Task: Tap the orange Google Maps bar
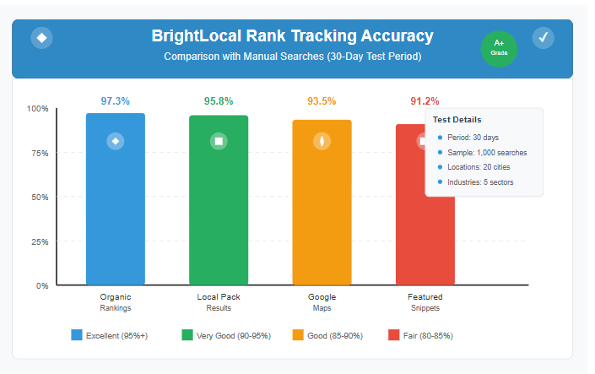point(322,203)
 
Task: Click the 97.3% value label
point(116,101)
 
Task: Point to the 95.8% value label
point(219,101)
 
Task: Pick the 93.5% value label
point(322,101)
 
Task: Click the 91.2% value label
point(425,101)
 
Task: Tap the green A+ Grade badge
point(499,47)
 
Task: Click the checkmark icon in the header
point(544,37)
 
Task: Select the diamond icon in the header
point(41,37)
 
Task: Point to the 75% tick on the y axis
point(38,153)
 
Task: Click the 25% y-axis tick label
point(38,241)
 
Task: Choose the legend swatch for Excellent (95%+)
point(78,335)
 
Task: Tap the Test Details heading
point(457,119)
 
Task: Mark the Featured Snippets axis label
point(425,302)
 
